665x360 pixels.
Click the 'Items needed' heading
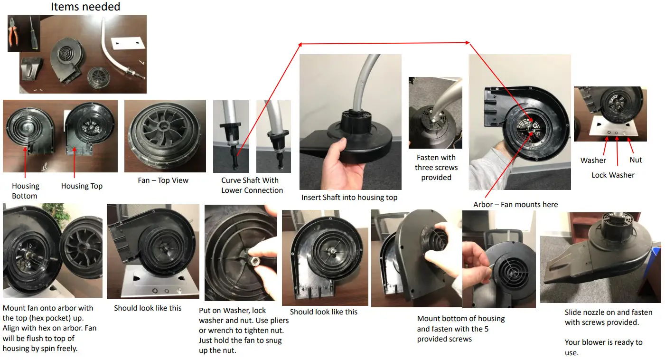85,7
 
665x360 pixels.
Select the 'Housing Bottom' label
25,191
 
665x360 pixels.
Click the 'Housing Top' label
82,186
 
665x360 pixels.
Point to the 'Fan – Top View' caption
163,180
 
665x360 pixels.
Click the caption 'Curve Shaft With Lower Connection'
252,185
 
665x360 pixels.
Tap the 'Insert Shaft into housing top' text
349,198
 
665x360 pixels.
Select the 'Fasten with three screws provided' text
436,167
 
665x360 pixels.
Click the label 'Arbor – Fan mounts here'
515,205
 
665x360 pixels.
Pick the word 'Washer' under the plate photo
593,161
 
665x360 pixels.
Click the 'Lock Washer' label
612,175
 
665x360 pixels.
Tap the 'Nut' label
636,160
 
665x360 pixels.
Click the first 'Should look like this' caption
148,308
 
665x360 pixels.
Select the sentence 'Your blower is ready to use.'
603,348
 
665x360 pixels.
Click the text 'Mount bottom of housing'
460,319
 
